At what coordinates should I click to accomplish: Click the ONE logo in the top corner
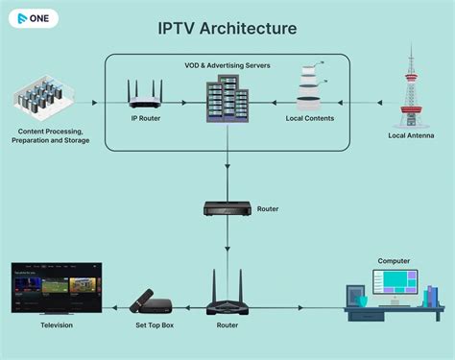point(32,18)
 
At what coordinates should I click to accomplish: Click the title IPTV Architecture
point(227,28)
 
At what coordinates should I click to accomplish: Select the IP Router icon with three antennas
point(144,96)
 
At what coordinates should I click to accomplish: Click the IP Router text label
point(144,120)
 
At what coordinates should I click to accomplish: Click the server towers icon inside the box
point(227,101)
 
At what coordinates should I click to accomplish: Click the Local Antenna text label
point(411,136)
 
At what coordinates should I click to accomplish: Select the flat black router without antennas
point(227,209)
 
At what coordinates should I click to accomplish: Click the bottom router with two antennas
point(227,296)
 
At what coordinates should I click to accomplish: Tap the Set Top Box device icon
point(150,301)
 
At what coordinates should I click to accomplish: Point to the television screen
point(57,285)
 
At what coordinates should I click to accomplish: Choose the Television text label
point(57,325)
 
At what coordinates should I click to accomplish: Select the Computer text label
point(394,260)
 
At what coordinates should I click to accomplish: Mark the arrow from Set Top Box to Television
point(115,308)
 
